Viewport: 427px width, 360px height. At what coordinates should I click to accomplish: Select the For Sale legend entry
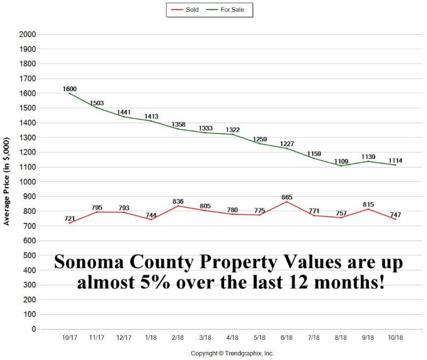click(x=232, y=10)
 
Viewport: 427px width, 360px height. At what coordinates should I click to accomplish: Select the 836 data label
click(x=178, y=202)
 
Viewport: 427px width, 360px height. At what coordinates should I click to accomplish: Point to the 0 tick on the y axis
click(x=33, y=330)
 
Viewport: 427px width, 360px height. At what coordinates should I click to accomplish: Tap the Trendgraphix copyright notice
click(x=232, y=354)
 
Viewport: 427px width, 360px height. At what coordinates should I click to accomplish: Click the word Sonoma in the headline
click(x=91, y=262)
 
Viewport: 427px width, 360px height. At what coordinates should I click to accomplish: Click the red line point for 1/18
click(x=152, y=219)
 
